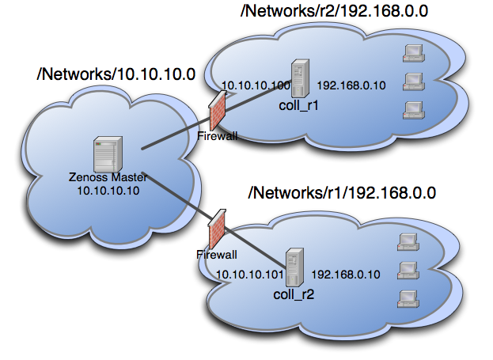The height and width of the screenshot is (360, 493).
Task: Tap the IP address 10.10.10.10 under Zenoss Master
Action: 108,191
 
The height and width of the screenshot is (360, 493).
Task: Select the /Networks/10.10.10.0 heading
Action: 116,75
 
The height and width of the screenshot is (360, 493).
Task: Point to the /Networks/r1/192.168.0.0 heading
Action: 342,192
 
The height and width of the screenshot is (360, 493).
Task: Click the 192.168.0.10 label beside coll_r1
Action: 351,85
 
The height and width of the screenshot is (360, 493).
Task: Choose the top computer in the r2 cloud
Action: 411,54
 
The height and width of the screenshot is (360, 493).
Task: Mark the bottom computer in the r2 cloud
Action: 411,108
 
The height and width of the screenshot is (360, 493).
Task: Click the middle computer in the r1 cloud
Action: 407,269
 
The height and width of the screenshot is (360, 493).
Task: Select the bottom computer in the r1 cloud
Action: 407,297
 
